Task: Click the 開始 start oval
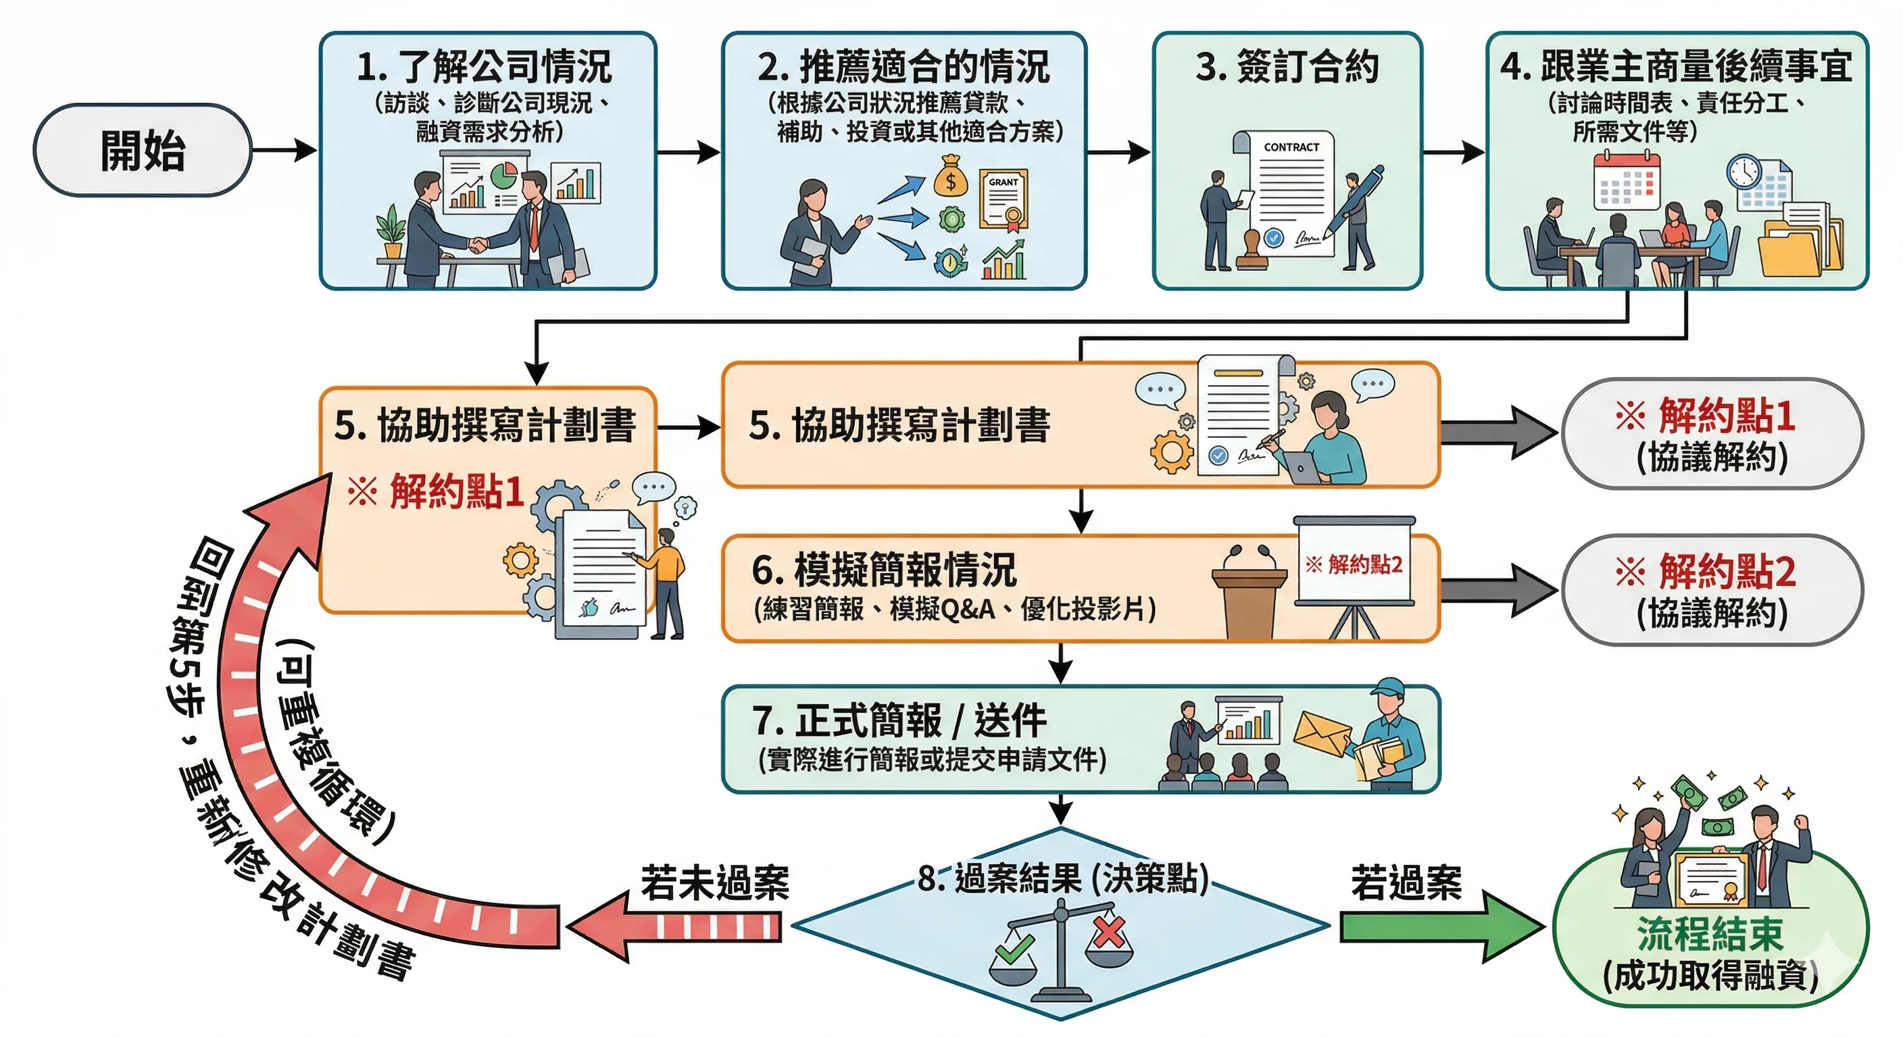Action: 143,150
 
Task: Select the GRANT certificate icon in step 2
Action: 1004,199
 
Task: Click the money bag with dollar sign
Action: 950,177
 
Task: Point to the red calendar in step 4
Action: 1627,181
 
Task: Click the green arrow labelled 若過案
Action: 1441,926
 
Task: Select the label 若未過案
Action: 714,883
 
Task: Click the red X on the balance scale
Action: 1109,932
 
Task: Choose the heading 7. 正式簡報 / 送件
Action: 899,720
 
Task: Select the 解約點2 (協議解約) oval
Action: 1712,590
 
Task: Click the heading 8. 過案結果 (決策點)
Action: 1062,879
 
